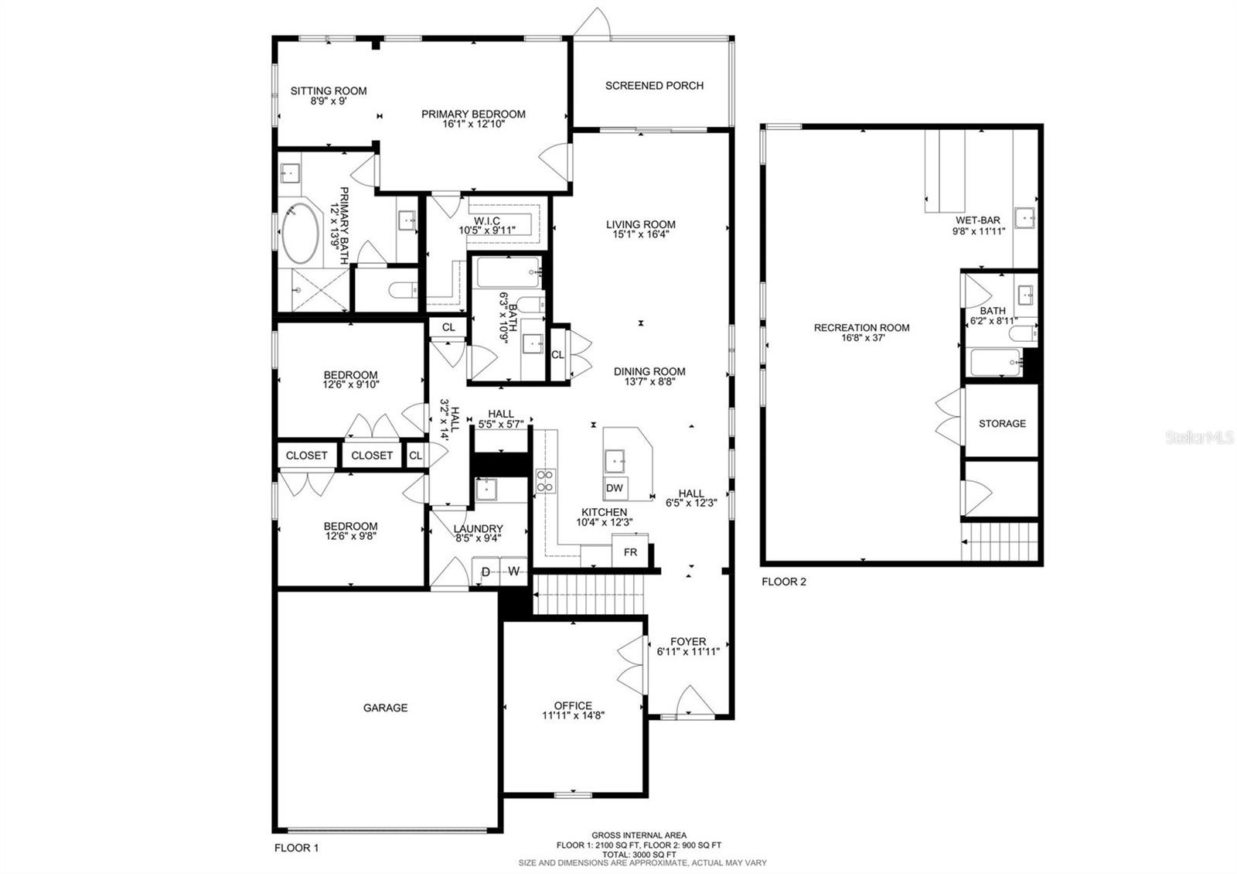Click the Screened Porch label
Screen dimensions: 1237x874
click(654, 86)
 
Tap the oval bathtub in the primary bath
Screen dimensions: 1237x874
click(301, 233)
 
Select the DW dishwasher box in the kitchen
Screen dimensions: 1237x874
click(615, 488)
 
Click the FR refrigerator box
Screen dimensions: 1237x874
click(630, 552)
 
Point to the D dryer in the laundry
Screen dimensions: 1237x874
click(486, 572)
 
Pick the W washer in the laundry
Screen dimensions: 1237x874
click(513, 572)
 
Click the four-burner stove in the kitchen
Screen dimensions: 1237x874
click(546, 480)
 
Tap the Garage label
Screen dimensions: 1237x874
click(386, 708)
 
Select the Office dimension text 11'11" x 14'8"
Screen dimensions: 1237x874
click(573, 715)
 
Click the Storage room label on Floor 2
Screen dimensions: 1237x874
click(1002, 424)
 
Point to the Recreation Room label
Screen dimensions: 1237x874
click(861, 328)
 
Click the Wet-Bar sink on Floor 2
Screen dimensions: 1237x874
click(1025, 217)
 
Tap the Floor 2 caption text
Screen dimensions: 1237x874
click(784, 582)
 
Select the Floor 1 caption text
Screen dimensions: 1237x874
click(297, 848)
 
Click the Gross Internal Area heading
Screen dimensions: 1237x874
click(639, 835)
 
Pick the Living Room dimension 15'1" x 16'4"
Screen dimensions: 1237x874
click(641, 234)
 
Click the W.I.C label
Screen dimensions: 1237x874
click(487, 221)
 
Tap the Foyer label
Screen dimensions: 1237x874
click(688, 641)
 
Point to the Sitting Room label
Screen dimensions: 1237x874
click(329, 90)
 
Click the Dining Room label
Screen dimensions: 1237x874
click(649, 372)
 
